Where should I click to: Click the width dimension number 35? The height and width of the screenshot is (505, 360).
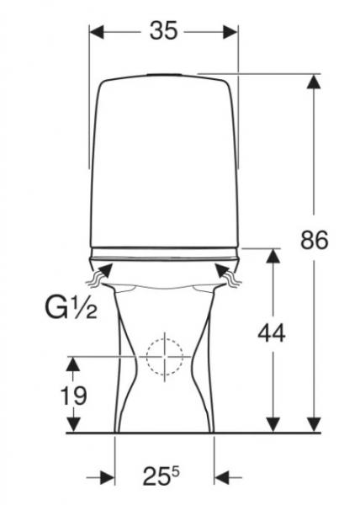pyautogui.click(x=164, y=31)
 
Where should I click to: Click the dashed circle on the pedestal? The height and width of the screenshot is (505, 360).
pyautogui.click(x=164, y=356)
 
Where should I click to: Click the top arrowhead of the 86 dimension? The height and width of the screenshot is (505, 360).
pyautogui.click(x=314, y=81)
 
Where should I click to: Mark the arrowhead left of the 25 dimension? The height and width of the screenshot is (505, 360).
pyautogui.click(x=108, y=477)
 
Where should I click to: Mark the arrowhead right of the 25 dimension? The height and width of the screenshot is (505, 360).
pyautogui.click(x=223, y=477)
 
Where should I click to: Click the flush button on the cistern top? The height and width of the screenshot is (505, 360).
pyautogui.click(x=164, y=74)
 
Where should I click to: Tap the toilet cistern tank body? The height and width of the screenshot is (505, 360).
pyautogui.click(x=164, y=160)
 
